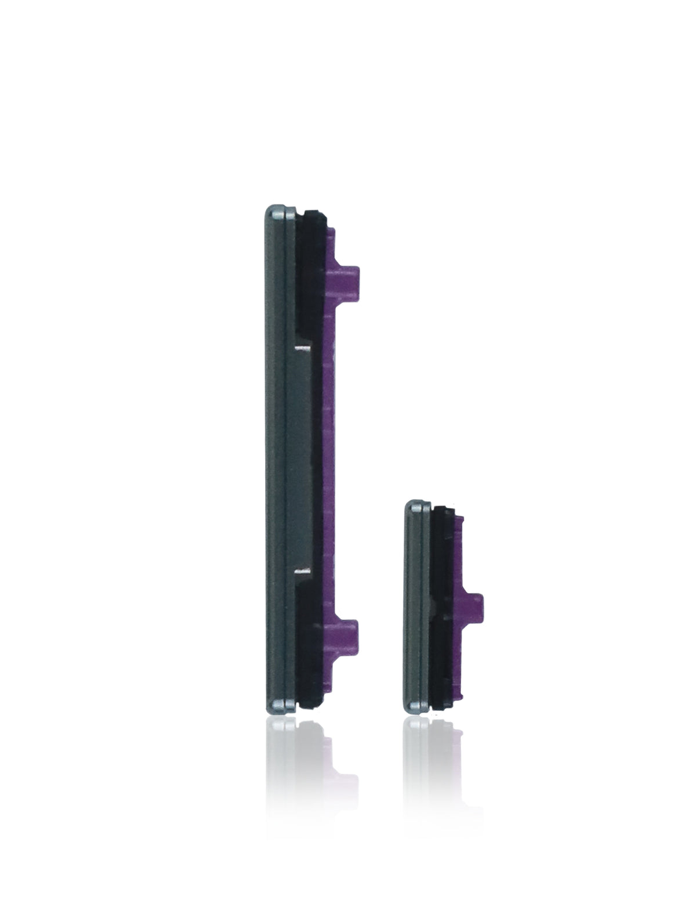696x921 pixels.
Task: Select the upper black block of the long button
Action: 311,273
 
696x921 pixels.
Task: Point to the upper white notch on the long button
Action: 302,349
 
